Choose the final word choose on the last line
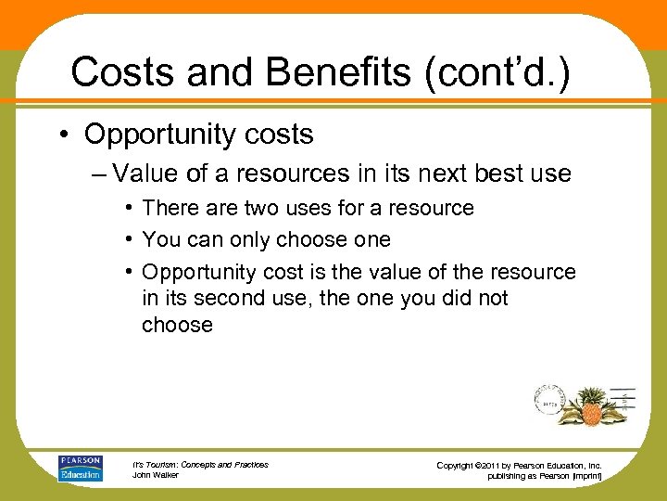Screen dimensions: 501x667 (x=177, y=325)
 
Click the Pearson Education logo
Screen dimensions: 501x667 (x=81, y=469)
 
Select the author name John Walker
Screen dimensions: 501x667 (x=156, y=475)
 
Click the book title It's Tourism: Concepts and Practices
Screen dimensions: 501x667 (x=200, y=464)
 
